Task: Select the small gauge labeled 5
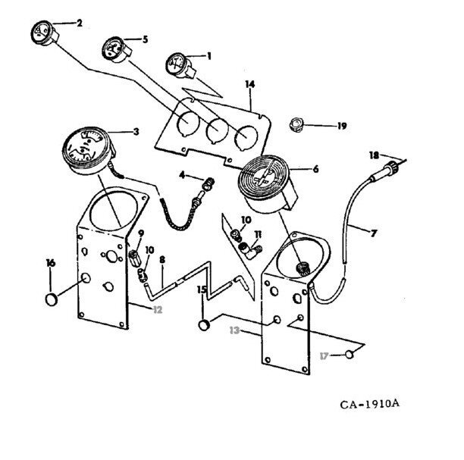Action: coord(116,50)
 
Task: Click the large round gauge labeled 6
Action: coord(266,183)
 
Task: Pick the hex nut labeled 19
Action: coord(296,124)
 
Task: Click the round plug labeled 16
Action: coord(52,299)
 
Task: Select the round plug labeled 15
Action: coord(204,325)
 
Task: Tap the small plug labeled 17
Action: coord(350,354)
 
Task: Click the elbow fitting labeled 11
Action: coord(250,250)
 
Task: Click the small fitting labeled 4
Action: coord(208,184)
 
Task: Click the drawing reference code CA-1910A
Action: coord(369,404)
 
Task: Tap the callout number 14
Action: coord(249,84)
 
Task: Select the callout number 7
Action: coord(374,233)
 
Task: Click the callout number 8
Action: coord(162,260)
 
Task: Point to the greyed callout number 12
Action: coord(158,310)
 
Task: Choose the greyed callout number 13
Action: coord(234,330)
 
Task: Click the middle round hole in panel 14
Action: coord(218,130)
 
